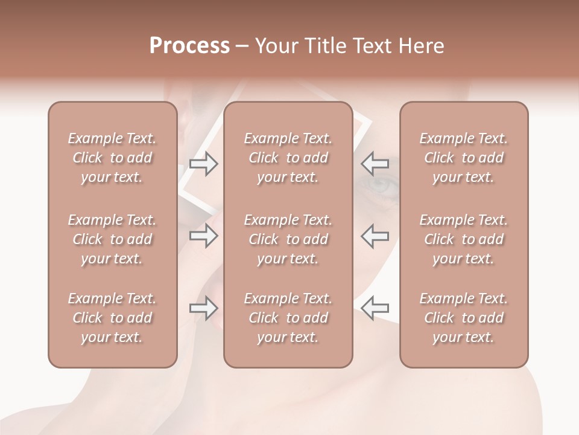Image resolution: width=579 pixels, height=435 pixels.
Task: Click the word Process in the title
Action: pyautogui.click(x=189, y=46)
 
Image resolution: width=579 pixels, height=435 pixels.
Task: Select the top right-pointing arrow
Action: pyautogui.click(x=204, y=164)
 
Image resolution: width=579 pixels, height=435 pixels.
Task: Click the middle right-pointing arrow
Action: pyautogui.click(x=204, y=236)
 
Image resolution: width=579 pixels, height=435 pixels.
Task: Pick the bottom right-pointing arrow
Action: pyautogui.click(x=204, y=309)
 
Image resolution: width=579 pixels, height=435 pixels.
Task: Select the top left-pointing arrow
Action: pyautogui.click(x=375, y=164)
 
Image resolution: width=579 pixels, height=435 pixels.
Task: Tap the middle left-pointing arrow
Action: pyautogui.click(x=375, y=236)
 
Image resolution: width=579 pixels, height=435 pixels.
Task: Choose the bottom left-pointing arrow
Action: pyautogui.click(x=375, y=309)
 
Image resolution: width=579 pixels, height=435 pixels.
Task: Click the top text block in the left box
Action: pyautogui.click(x=112, y=158)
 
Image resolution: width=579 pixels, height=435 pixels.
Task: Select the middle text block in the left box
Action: pyautogui.click(x=112, y=239)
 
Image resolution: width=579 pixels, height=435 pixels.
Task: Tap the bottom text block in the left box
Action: pyautogui.click(x=112, y=318)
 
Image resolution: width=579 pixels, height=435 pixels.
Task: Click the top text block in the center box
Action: pyautogui.click(x=288, y=158)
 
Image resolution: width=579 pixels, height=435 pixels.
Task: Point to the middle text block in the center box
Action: pyautogui.click(x=288, y=239)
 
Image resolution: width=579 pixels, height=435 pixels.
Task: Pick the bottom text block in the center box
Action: pyautogui.click(x=288, y=318)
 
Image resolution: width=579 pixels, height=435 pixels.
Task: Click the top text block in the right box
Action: pyautogui.click(x=464, y=158)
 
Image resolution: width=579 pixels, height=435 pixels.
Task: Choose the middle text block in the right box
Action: pyautogui.click(x=464, y=239)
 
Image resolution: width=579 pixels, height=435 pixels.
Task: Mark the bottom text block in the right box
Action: pyautogui.click(x=464, y=318)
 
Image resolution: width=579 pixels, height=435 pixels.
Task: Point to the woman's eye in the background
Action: pyautogui.click(x=379, y=185)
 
